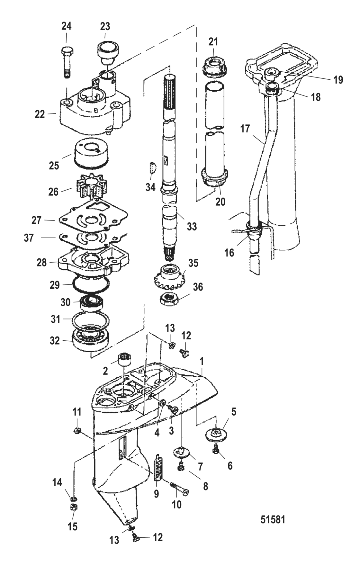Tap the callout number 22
point(40,114)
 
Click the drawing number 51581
point(273,520)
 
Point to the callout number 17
point(245,129)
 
